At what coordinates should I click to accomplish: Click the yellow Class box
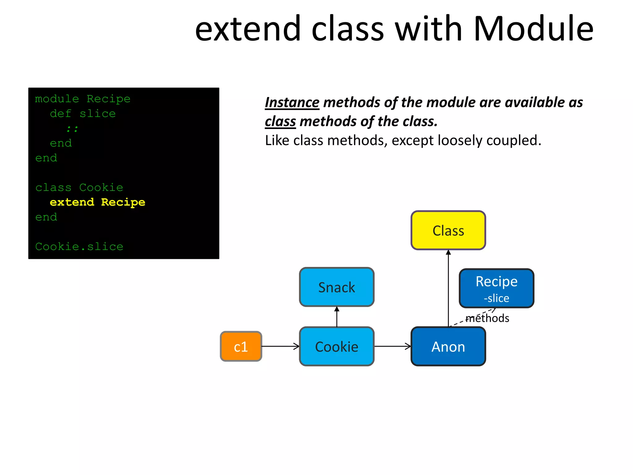(448, 230)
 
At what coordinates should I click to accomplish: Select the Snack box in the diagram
(337, 287)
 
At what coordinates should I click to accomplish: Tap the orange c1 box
(241, 346)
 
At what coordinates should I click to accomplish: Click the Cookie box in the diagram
(337, 346)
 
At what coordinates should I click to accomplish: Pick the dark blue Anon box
(448, 346)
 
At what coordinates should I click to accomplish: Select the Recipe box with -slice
(496, 288)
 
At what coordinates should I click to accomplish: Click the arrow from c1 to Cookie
(280, 346)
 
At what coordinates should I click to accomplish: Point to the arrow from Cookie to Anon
(393, 346)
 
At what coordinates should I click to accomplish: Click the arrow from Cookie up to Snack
(337, 317)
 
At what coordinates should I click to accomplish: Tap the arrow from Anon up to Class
(448, 288)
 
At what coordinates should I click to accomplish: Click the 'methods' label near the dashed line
(487, 318)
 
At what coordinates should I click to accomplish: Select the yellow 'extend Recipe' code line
(97, 202)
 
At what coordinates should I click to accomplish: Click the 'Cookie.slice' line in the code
(79, 246)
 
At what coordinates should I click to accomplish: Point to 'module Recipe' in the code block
(83, 99)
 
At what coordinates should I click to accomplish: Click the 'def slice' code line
(83, 113)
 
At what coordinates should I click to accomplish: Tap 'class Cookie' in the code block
(79, 187)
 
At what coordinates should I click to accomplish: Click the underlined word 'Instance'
(292, 102)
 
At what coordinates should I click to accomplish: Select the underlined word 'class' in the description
(280, 121)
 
